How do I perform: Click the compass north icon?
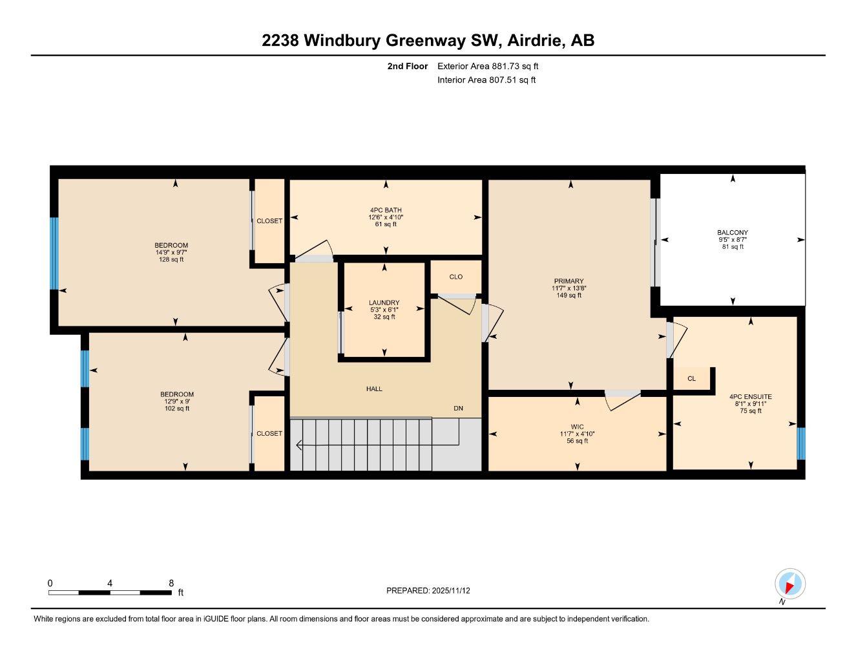(x=789, y=584)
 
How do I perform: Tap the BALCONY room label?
(x=732, y=233)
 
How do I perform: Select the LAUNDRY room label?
(x=384, y=303)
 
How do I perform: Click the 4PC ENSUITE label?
(x=750, y=397)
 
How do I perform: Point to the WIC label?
(x=577, y=427)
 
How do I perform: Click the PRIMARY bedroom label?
(x=569, y=281)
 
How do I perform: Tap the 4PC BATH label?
(x=386, y=210)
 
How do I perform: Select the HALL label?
(x=374, y=389)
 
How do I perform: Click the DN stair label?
(x=458, y=409)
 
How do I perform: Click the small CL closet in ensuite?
(x=691, y=379)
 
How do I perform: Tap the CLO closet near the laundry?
(x=455, y=277)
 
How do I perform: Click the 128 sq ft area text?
(x=171, y=260)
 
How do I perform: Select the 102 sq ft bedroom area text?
(x=177, y=409)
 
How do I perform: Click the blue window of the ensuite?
(x=801, y=443)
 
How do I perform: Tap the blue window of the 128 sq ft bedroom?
(x=54, y=253)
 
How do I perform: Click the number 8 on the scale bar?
(x=171, y=583)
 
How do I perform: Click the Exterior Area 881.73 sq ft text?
(x=487, y=66)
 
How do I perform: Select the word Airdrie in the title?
(x=534, y=40)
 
